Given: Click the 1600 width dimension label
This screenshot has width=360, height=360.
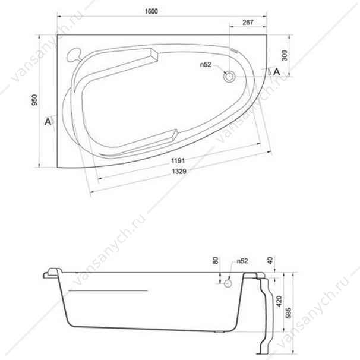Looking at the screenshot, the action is coord(151,11).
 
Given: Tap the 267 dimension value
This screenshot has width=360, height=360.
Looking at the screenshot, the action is coord(248,22).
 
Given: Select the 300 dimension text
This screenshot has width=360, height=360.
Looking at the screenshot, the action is coord(284,55).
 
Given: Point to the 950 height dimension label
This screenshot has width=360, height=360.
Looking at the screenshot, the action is coord(34,100).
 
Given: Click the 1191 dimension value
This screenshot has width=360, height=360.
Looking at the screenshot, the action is coord(178,160).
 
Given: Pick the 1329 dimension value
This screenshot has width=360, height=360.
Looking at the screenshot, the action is coord(179,171).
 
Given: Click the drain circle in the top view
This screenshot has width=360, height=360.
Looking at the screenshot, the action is coord(229,76).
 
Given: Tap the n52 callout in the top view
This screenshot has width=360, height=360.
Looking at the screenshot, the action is coord(206,65).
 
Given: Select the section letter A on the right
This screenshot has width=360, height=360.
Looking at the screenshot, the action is coord(277,72).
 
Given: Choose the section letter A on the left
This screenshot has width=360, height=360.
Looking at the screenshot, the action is coord(48,121).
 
